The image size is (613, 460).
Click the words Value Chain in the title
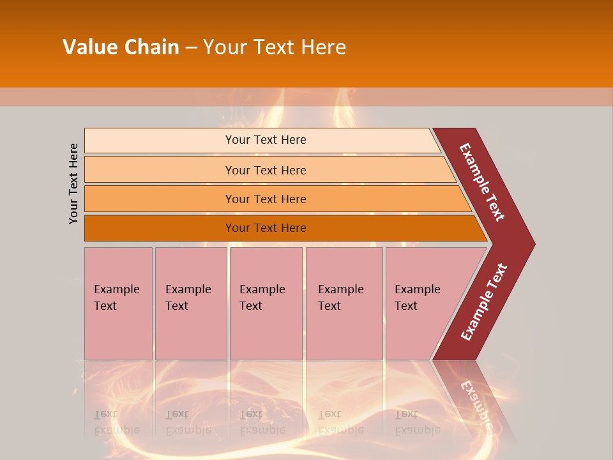pos(121,47)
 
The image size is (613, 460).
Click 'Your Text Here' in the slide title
pos(275,47)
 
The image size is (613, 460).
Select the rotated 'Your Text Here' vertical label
pos(74,183)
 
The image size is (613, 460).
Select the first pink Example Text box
pos(118,303)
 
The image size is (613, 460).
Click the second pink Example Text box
pos(190,303)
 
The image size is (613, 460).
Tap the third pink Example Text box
pos(266,303)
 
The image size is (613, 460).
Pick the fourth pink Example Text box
pos(344,303)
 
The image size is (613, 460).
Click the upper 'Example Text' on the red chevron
pos(482,182)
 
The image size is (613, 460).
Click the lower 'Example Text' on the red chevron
pos(484,302)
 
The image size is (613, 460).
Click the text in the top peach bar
pos(266,140)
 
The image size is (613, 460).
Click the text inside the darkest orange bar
pos(266,228)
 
